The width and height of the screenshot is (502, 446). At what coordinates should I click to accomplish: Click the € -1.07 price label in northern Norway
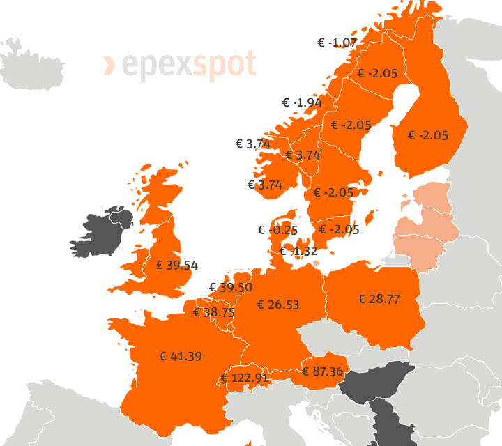pos(337,43)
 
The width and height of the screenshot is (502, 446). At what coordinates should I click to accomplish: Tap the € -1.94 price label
pos(302,102)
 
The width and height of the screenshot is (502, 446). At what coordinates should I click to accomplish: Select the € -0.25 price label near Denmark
pos(277,231)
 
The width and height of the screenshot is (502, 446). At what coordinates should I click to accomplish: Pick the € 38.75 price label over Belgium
pos(214,313)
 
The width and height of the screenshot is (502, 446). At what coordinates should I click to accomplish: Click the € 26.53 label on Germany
pos(278,305)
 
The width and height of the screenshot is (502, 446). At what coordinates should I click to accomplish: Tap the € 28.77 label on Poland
pos(379,299)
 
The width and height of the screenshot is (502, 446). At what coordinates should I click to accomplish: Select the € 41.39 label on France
pos(181,356)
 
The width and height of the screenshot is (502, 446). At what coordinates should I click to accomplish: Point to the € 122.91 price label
pos(245,378)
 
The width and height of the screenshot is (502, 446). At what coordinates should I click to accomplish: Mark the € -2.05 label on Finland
pos(428,135)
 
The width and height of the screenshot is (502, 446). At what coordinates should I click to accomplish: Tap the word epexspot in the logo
pos(189,66)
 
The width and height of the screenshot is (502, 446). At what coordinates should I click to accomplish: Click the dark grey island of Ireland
pos(101,233)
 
